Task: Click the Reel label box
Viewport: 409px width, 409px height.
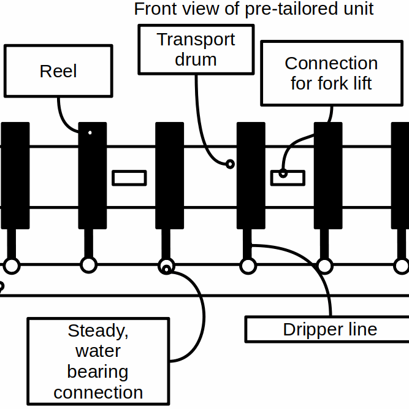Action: click(x=58, y=71)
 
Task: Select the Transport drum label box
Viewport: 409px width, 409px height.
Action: click(x=196, y=50)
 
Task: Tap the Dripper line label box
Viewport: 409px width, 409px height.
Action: click(x=330, y=329)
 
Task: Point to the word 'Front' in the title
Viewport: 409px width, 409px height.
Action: click(x=153, y=9)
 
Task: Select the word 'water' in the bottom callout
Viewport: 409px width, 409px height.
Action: click(x=98, y=351)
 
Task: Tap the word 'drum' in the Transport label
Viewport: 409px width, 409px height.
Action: click(x=196, y=59)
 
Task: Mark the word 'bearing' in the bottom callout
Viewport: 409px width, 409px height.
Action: click(x=98, y=372)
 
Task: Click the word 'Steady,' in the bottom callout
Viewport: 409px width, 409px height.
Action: click(x=98, y=331)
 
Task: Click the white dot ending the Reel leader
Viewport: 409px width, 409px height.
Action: click(x=90, y=132)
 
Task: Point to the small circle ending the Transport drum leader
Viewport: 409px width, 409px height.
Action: click(x=230, y=164)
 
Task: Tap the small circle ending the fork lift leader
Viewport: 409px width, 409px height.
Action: click(x=283, y=173)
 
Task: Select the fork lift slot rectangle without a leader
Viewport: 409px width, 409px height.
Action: click(x=129, y=178)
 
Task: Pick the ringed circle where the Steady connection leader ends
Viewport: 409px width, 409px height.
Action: click(x=166, y=266)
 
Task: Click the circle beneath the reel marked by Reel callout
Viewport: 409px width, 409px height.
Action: click(x=90, y=266)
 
